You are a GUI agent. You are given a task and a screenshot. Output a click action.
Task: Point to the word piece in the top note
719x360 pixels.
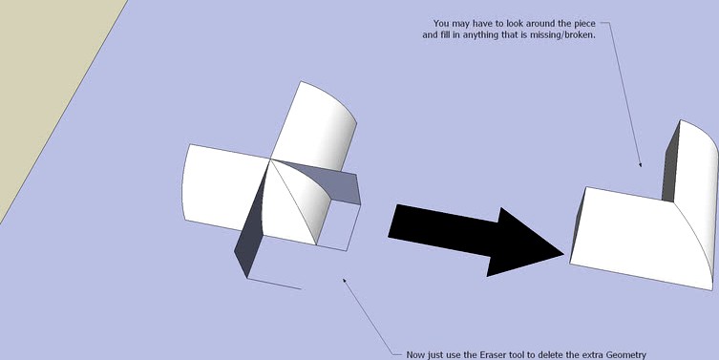(x=584, y=23)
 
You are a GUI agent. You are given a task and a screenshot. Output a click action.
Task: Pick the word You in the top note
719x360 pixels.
(x=441, y=23)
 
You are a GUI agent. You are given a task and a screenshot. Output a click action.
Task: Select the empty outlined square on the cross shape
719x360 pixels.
(x=338, y=224)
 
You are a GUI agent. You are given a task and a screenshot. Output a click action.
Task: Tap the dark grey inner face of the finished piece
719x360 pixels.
(x=671, y=162)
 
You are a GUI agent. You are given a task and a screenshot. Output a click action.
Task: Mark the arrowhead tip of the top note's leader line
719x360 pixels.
(x=641, y=166)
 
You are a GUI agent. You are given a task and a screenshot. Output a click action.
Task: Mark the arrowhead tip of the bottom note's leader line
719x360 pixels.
(x=344, y=279)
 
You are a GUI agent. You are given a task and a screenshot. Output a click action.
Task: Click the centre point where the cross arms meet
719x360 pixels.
(x=270, y=159)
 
